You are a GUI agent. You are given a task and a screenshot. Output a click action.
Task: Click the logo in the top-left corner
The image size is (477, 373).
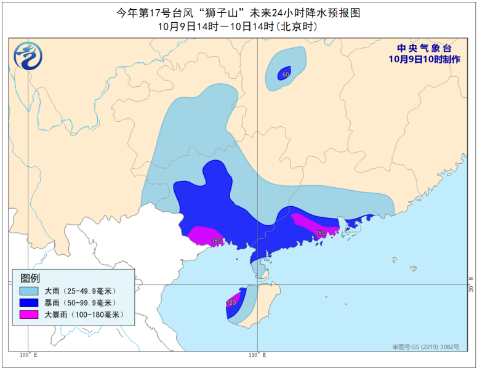(28, 56)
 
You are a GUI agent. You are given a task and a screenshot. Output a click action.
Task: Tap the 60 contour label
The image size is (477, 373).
(285, 75)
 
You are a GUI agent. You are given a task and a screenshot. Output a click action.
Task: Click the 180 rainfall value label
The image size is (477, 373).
(216, 241)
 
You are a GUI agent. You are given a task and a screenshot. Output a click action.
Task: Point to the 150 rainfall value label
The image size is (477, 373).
(320, 233)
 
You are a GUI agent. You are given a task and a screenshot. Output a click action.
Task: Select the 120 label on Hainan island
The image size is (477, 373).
(231, 303)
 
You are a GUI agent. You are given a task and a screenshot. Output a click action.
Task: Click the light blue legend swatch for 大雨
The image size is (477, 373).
(28, 291)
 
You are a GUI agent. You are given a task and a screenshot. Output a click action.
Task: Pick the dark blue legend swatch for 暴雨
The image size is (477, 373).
(28, 302)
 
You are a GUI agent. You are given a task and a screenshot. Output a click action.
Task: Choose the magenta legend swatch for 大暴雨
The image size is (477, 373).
(28, 315)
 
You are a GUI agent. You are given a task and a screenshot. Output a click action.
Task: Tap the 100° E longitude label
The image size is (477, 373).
(28, 355)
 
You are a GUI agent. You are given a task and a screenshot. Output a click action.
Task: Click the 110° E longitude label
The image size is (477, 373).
(257, 355)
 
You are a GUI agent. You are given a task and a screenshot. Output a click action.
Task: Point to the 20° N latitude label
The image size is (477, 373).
(468, 284)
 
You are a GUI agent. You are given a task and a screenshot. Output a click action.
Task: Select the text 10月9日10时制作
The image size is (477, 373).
(424, 59)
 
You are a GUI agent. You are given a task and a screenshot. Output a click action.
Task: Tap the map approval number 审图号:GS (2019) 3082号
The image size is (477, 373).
(426, 347)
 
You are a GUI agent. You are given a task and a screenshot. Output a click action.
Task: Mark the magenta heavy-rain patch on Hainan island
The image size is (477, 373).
(233, 301)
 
